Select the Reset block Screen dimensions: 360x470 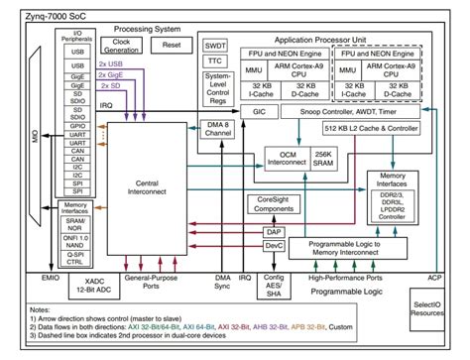tap(171, 46)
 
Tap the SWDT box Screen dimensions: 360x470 tap(215, 46)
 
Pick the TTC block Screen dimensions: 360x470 tap(215, 63)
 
